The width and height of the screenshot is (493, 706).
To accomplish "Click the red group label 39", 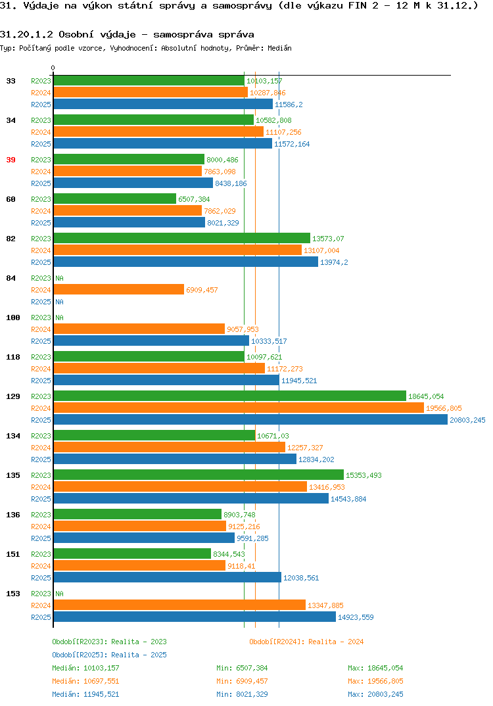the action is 11,160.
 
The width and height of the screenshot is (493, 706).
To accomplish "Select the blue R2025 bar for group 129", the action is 251,419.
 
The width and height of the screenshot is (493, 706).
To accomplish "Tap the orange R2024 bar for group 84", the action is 119,289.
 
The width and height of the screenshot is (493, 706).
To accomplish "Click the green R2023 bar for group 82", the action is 182,238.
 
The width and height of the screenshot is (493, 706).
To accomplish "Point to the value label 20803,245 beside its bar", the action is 467,420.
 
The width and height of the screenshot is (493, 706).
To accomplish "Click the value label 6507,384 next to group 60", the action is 194,199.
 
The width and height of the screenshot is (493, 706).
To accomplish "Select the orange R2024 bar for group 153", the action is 179,605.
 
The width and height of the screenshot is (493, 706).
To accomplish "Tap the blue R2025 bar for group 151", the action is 168,577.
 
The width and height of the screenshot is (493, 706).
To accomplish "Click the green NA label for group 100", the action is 59,318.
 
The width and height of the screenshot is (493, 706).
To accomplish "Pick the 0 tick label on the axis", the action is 53,68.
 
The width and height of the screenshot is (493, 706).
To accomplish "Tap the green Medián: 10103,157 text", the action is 85,668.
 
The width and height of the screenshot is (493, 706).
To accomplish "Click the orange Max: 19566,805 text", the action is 375,681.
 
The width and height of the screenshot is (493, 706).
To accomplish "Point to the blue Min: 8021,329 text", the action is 242,694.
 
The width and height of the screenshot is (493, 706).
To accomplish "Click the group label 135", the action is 13,475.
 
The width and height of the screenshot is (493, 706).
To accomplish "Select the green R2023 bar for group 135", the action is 199,475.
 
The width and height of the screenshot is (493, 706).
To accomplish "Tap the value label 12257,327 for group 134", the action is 305,448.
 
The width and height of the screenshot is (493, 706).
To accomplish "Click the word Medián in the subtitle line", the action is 279,48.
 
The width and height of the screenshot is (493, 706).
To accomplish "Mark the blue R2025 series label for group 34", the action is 41,144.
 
